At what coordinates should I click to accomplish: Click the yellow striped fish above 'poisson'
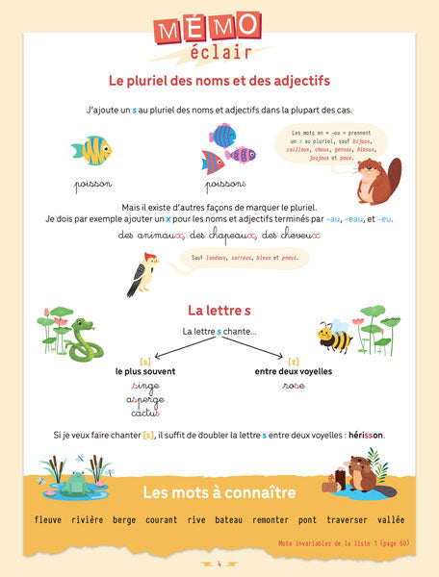pos(92,150)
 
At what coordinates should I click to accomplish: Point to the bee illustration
pos(335,336)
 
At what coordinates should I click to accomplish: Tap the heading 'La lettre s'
pos(219,310)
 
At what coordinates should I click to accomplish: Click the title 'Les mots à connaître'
pos(219,493)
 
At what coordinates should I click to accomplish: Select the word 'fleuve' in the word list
pos(47,520)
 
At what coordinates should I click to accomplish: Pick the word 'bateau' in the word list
pos(228,520)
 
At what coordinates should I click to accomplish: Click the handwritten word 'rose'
pos(294,386)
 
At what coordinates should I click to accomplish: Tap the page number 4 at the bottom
pos(219,564)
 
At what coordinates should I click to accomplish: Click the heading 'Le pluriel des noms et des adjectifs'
pos(219,81)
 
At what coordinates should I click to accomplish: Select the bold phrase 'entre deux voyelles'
pos(294,371)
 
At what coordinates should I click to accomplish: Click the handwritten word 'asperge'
pos(144,399)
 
